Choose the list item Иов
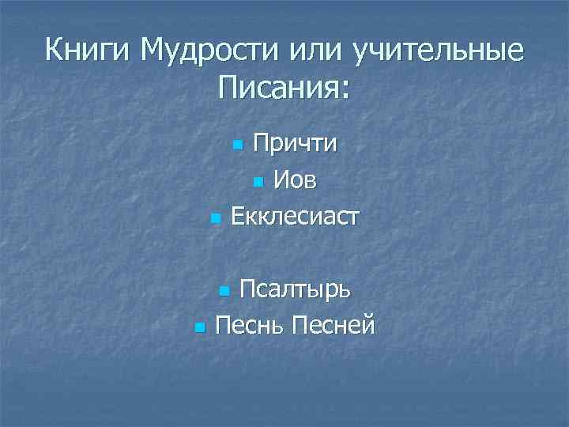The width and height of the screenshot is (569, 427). (296, 180)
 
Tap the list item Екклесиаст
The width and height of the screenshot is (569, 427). (294, 215)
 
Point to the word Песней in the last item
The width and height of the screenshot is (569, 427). (332, 324)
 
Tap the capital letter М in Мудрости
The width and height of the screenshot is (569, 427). (151, 51)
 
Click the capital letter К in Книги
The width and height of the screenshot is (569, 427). (54, 51)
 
